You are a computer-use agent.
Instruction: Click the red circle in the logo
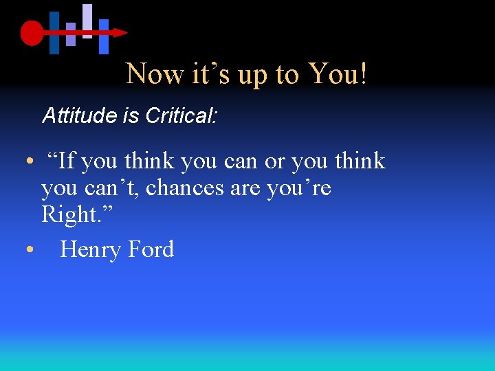pos(32,32)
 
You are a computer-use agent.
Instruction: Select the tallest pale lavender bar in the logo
pos(87,21)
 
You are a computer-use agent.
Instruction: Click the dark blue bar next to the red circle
pos(54,32)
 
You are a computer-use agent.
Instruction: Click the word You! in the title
pos(338,74)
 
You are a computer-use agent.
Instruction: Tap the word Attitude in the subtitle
pos(80,115)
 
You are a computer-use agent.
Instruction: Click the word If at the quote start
pos(67,161)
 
